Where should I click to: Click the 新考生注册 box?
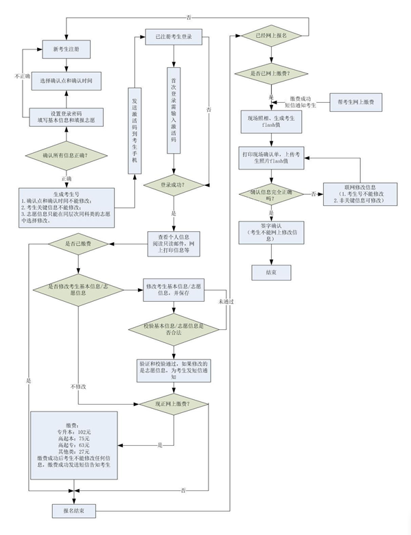coord(66,49)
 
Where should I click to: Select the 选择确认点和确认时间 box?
coord(66,80)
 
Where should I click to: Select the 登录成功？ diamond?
coord(173,185)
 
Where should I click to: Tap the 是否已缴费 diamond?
coord(78,244)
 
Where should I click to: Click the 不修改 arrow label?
coord(78,386)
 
